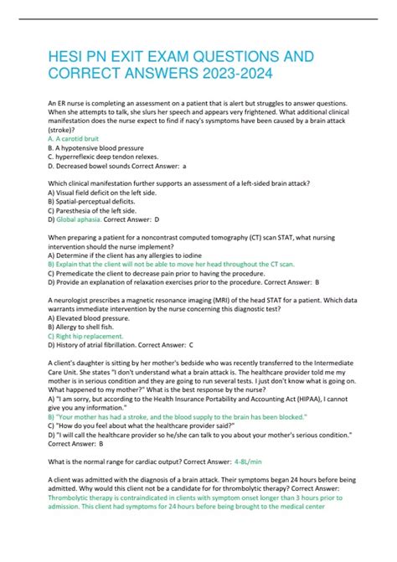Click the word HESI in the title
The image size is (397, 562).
(69, 57)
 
